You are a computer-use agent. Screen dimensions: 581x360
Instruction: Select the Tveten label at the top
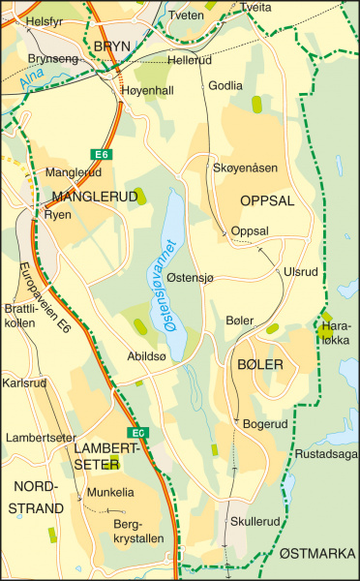pyautogui.click(x=186, y=16)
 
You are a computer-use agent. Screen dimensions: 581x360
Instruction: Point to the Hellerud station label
pyautogui.click(x=189, y=60)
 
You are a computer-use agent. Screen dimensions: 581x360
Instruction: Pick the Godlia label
pyautogui.click(x=225, y=85)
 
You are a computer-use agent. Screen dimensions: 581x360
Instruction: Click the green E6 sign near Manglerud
pyautogui.click(x=100, y=154)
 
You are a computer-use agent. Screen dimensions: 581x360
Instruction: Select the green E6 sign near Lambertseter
pyautogui.click(x=140, y=432)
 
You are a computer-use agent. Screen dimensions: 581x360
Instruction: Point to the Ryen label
pyautogui.click(x=59, y=214)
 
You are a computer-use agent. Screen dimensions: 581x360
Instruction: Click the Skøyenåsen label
pyautogui.click(x=245, y=168)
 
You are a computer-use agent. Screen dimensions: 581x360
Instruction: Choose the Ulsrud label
pyautogui.click(x=300, y=272)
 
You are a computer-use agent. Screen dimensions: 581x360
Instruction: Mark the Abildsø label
pyautogui.click(x=148, y=355)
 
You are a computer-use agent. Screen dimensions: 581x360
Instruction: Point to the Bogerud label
pyautogui.click(x=266, y=423)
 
